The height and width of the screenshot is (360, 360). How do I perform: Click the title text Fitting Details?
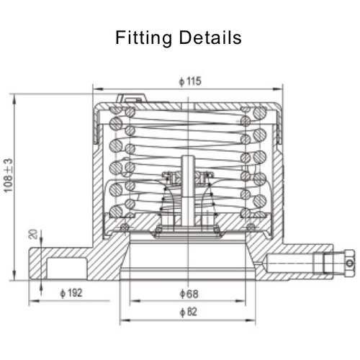coord(179,37)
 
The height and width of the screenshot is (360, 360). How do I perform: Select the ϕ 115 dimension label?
coord(189,81)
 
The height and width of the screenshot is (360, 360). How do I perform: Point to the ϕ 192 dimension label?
coord(71,292)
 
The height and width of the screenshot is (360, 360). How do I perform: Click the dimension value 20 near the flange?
coord(31,234)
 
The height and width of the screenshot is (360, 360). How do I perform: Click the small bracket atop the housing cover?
coord(130,97)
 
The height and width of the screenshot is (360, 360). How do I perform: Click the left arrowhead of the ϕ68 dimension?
coord(132,301)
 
